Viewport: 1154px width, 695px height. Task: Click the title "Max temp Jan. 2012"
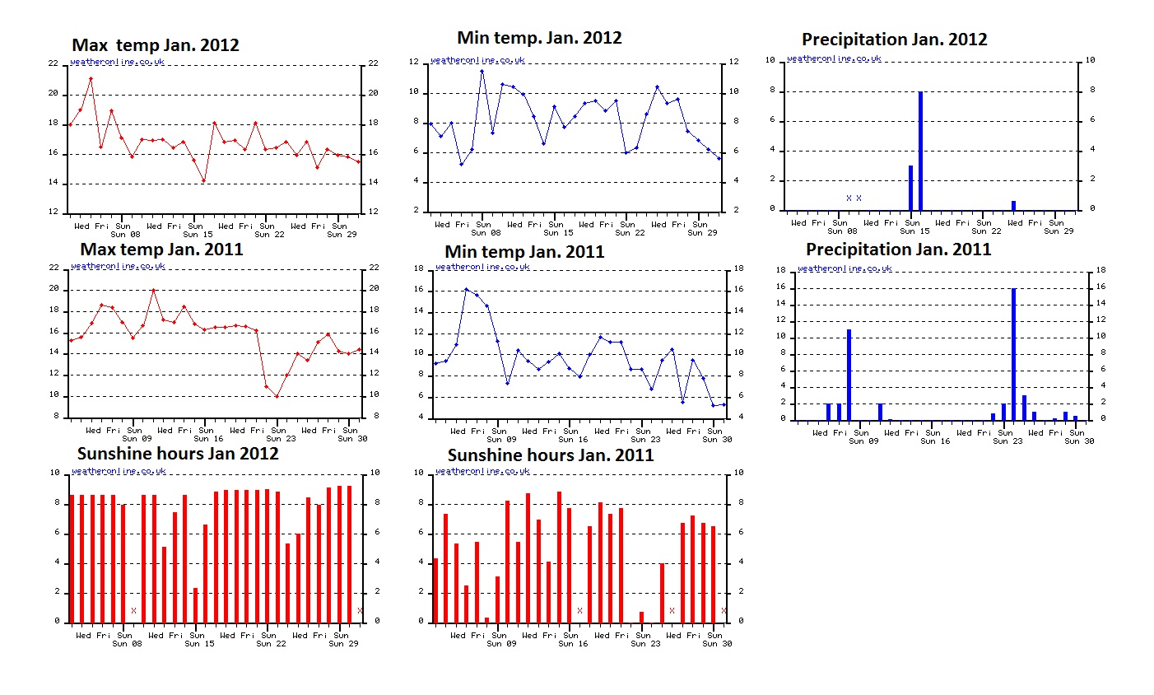coord(156,45)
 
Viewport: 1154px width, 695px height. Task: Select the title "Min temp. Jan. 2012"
coord(539,38)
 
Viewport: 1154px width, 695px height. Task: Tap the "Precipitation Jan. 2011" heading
coord(898,250)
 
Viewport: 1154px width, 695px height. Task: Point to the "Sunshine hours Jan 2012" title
coord(178,454)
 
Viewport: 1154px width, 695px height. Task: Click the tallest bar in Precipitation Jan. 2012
coord(920,151)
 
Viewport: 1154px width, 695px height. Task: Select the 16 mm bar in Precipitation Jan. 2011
coord(1013,354)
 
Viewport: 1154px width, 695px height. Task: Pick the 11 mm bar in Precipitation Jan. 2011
coord(849,375)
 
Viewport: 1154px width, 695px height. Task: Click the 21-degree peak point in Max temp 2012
coord(91,79)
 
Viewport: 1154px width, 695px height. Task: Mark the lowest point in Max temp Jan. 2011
coord(277,396)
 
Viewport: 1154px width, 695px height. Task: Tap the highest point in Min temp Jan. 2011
coord(466,289)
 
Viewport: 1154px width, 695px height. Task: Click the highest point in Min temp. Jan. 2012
coord(482,72)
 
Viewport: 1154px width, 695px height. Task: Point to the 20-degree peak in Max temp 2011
coord(154,290)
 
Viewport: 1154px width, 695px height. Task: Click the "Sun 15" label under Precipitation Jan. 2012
coord(913,231)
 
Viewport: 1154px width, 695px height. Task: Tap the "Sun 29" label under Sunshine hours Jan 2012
coord(342,643)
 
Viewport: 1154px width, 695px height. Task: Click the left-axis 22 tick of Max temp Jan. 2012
coord(54,64)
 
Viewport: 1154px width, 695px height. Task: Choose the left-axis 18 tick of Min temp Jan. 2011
coord(418,269)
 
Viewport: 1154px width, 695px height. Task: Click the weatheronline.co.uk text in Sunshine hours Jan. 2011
coord(482,471)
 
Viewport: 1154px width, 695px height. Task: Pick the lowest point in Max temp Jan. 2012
coord(203,180)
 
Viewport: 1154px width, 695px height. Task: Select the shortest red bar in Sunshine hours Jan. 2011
coord(486,619)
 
